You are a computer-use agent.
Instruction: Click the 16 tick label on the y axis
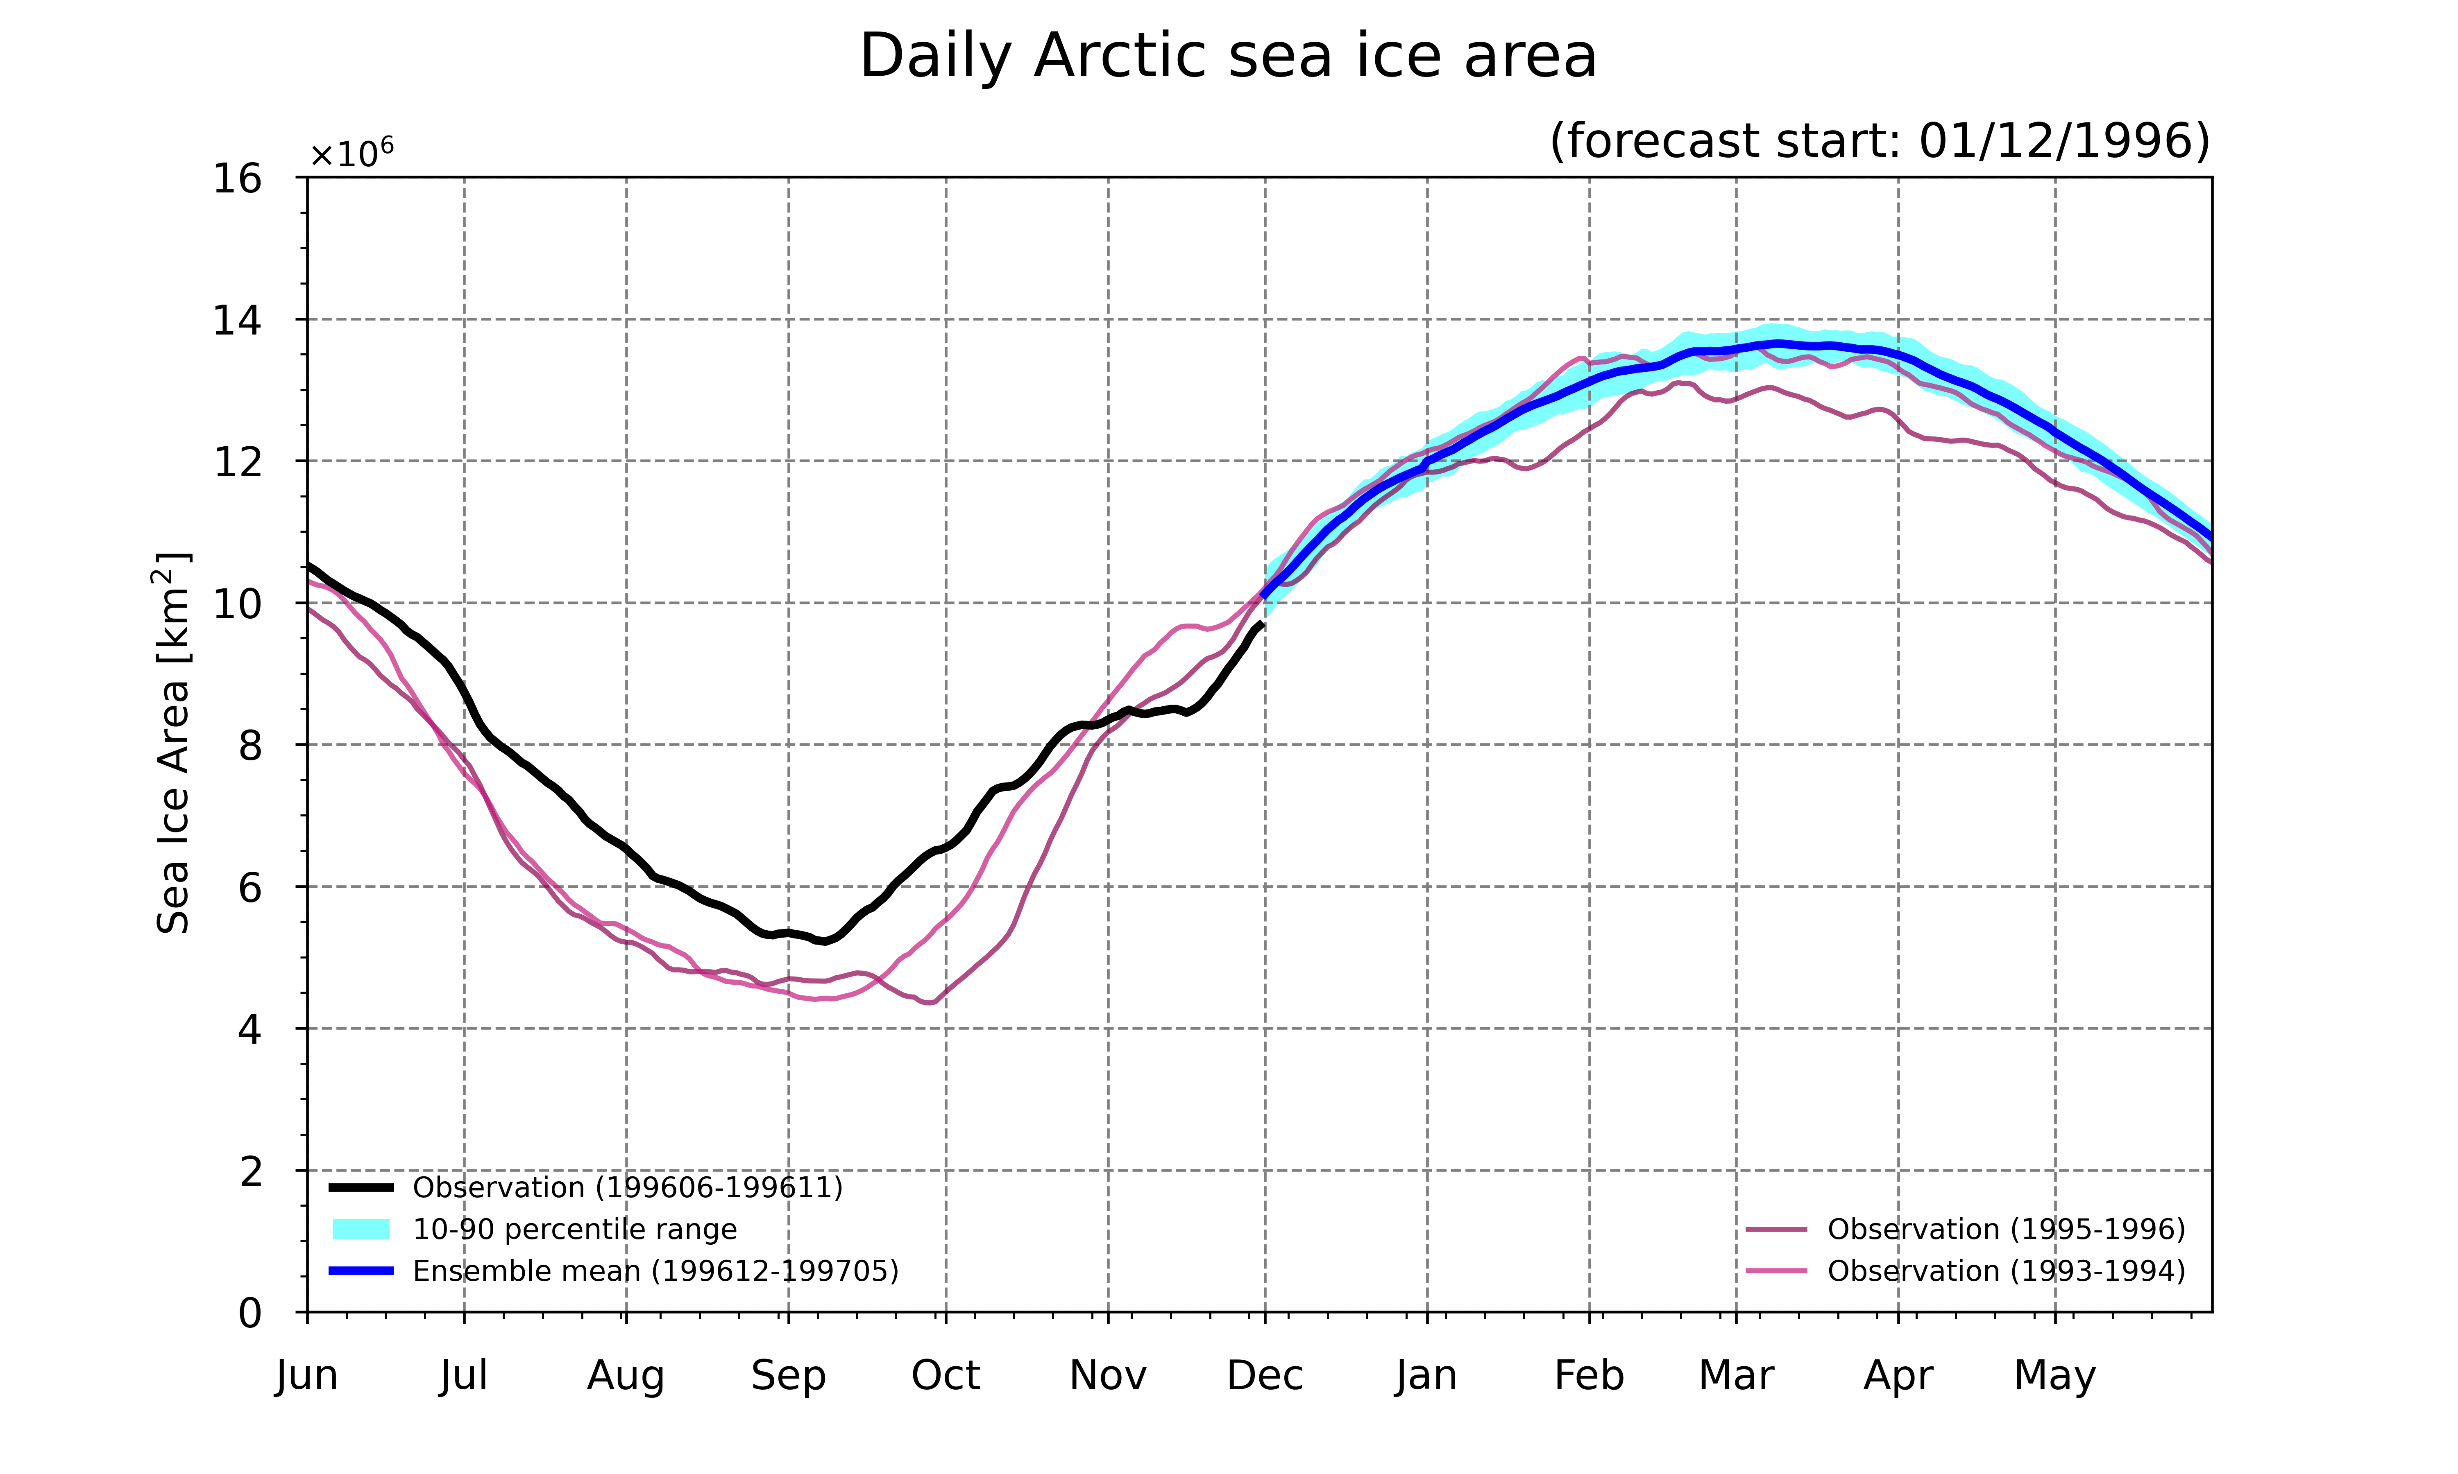tap(238, 179)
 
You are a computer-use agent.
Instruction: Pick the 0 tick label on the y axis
tap(250, 1313)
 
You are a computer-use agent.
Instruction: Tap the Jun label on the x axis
tap(307, 1376)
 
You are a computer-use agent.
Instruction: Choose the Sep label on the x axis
tap(789, 1376)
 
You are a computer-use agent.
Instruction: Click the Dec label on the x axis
tap(1265, 1376)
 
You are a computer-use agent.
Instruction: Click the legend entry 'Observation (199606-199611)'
tap(586, 1188)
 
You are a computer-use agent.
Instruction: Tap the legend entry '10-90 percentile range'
tap(533, 1230)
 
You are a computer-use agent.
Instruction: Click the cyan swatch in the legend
tap(361, 1230)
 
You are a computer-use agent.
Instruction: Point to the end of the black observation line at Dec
tap(1262, 624)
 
